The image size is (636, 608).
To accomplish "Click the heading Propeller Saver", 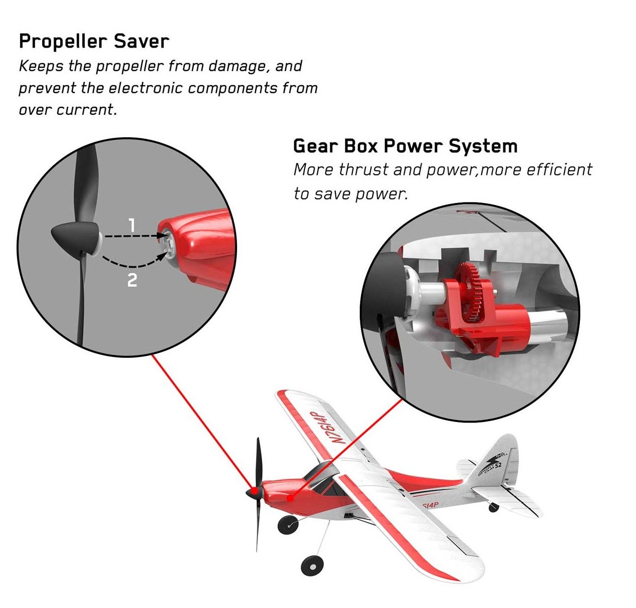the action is (94, 42).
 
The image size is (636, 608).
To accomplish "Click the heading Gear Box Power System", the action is (405, 146).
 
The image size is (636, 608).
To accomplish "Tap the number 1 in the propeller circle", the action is (132, 225).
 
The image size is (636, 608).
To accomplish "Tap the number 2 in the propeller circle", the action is (132, 280).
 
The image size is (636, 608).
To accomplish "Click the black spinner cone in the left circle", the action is (76, 237).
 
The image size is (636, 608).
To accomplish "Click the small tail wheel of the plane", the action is (494, 508).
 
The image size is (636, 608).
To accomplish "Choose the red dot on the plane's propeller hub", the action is (254, 491).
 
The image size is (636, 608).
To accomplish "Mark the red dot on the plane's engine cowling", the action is (290, 498).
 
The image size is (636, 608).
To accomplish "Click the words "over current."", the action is (68, 110).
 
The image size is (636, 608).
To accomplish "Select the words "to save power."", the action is (351, 194).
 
